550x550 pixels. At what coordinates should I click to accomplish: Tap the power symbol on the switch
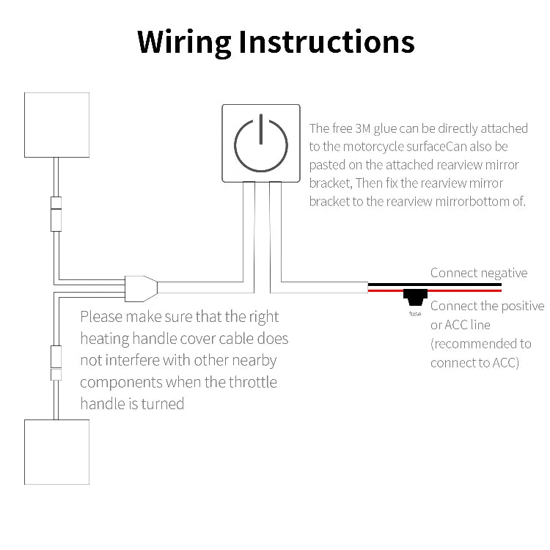pyautogui.click(x=260, y=142)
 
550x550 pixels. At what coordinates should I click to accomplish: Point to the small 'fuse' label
pyautogui.click(x=415, y=314)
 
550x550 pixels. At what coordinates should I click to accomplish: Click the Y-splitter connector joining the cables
pyautogui.click(x=139, y=287)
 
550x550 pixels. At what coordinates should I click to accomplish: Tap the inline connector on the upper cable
pyautogui.click(x=56, y=213)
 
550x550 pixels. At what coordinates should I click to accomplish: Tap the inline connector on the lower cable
pyautogui.click(x=56, y=362)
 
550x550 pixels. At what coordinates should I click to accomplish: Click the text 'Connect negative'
pyautogui.click(x=478, y=273)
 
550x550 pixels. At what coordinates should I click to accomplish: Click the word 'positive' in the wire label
pyautogui.click(x=518, y=306)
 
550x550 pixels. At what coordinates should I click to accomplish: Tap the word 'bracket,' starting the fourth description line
pyautogui.click(x=327, y=183)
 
